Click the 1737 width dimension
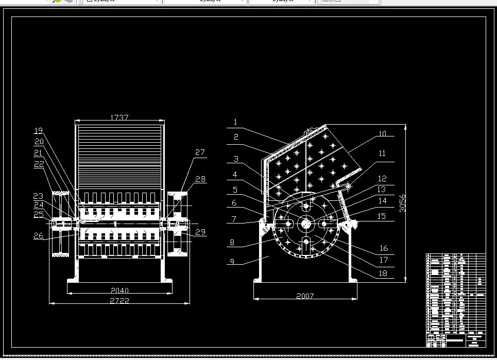click(x=119, y=118)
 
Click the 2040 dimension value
click(x=119, y=290)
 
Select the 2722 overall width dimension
click(x=119, y=300)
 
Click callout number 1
click(x=235, y=123)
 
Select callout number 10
click(x=382, y=134)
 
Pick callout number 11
click(x=382, y=153)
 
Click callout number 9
click(x=232, y=262)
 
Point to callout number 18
click(x=383, y=273)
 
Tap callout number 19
click(x=39, y=130)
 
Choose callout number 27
click(x=200, y=152)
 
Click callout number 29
click(x=200, y=232)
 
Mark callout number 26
click(x=39, y=236)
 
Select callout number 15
click(x=382, y=216)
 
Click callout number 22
click(x=39, y=164)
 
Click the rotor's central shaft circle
click(x=306, y=224)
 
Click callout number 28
click(x=200, y=179)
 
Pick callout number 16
click(x=383, y=249)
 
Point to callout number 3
click(x=235, y=159)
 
